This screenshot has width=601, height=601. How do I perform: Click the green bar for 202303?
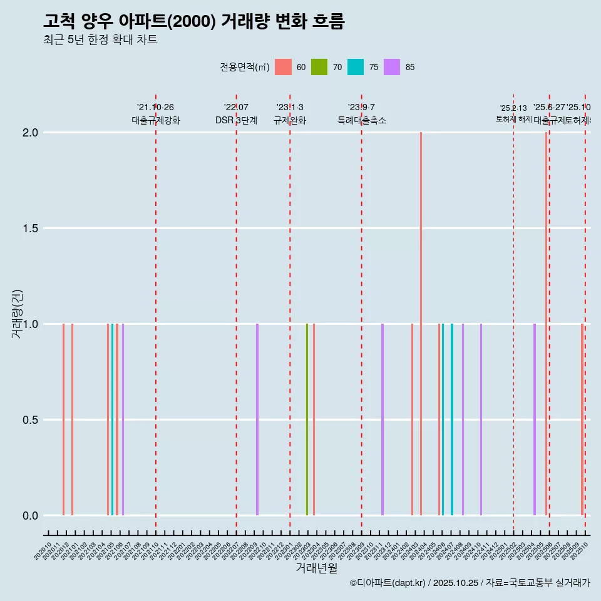point(307,419)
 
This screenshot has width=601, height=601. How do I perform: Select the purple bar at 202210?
point(257,419)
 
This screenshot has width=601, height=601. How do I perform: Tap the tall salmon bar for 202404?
point(421,324)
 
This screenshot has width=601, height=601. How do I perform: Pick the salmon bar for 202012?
point(63,419)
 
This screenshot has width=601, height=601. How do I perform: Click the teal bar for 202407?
point(452,419)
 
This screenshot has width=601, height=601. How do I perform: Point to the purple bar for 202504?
point(535,419)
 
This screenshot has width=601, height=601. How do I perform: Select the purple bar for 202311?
point(383,419)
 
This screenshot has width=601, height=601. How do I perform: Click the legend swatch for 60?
point(283,67)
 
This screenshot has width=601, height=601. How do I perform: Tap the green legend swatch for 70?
point(319,67)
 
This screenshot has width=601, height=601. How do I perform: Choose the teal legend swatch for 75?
point(356,67)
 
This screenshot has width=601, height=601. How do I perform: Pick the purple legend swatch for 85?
point(392,67)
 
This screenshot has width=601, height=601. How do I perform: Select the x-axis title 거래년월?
point(316,568)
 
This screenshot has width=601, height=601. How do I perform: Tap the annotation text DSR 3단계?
point(236,120)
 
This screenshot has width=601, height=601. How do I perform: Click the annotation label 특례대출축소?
point(362,120)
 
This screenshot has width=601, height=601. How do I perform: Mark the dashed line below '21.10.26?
point(156,313)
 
